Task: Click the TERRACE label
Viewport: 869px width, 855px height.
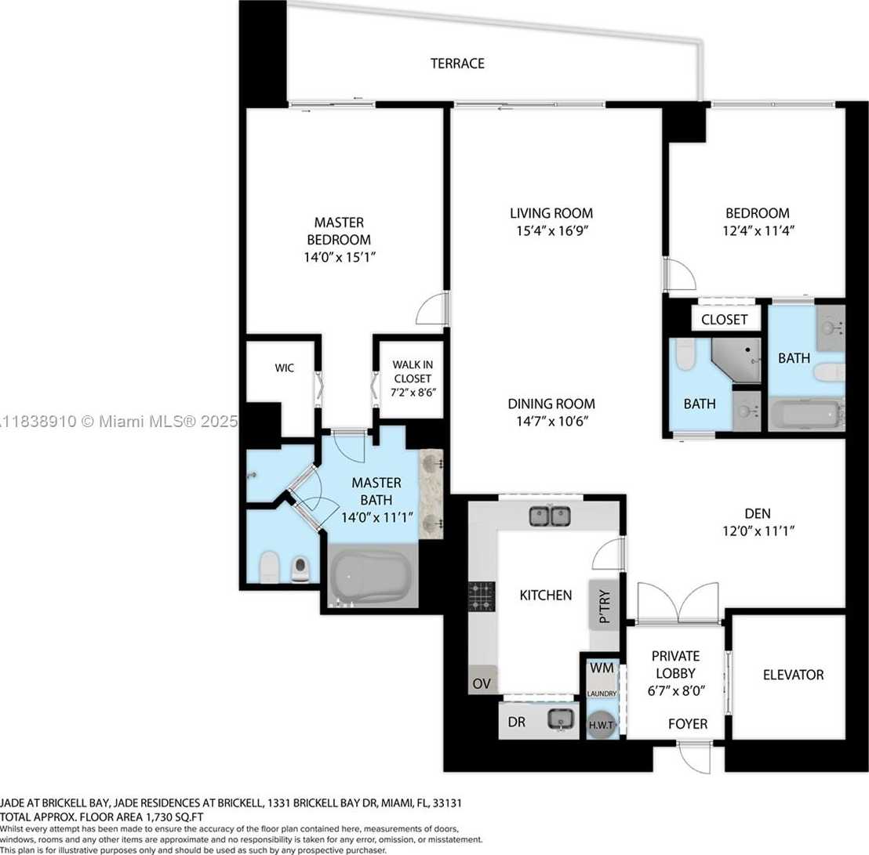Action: tap(457, 63)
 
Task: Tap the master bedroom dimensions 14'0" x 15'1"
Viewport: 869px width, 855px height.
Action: tap(339, 257)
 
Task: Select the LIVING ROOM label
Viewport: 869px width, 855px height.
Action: tap(551, 213)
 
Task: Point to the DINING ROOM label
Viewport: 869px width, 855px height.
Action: tap(551, 404)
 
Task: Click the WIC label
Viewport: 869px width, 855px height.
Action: tap(284, 368)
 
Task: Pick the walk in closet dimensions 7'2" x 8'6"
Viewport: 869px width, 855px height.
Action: tap(413, 392)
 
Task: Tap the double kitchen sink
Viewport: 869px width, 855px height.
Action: tap(550, 516)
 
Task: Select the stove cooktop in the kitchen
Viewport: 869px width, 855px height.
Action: tap(482, 596)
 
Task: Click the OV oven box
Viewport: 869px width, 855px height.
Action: tap(482, 683)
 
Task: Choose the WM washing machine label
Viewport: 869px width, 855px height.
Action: tap(602, 668)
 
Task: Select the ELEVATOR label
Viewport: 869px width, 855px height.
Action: tap(793, 675)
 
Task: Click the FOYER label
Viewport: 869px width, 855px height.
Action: tap(687, 724)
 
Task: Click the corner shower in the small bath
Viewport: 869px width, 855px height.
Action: tap(739, 360)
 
